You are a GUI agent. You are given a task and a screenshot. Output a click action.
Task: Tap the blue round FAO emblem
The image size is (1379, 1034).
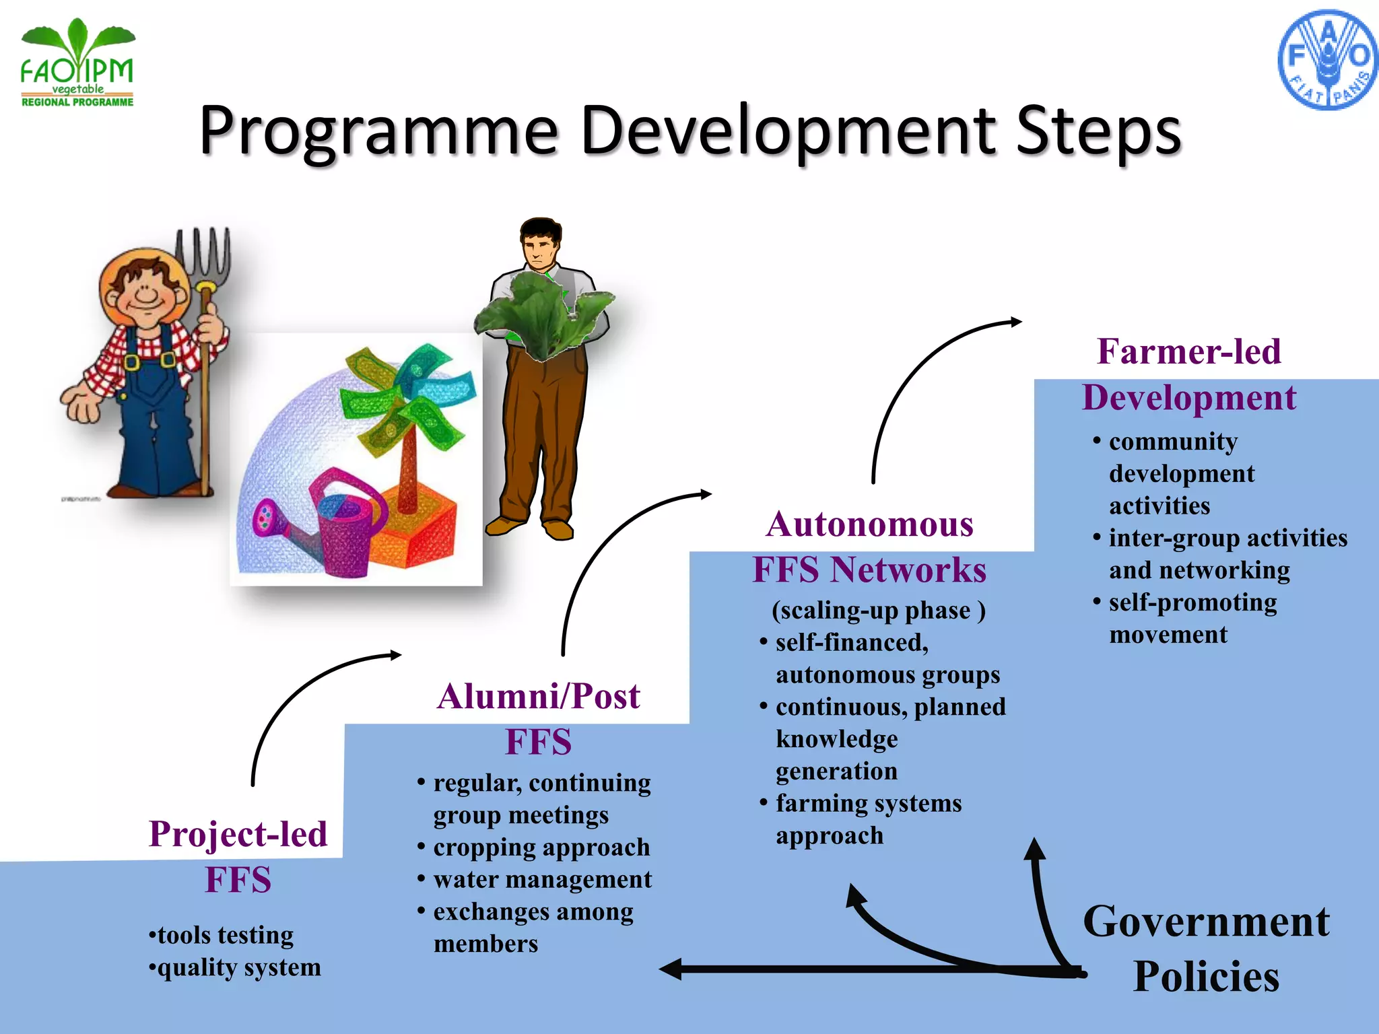pos(1326,60)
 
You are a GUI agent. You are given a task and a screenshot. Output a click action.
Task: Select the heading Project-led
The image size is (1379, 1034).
pos(238,834)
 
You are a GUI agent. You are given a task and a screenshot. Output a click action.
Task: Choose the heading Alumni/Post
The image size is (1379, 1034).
pos(538,697)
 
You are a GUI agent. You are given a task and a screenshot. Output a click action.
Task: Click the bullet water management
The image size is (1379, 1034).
pos(542,879)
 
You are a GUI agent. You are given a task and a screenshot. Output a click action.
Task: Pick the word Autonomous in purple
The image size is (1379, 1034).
pos(869,524)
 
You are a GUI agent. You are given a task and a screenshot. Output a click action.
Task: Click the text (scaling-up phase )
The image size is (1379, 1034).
pos(878,610)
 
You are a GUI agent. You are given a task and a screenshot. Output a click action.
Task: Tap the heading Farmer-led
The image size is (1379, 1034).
pos(1189,351)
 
